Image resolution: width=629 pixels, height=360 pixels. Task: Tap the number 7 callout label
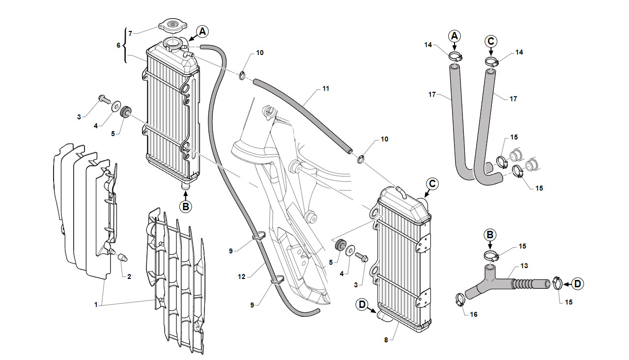[130, 34]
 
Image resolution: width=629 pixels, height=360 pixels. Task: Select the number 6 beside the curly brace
[118, 45]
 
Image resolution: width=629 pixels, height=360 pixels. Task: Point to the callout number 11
[326, 89]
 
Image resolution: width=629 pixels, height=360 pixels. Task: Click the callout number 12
[241, 277]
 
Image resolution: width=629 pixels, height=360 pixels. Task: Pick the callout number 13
[524, 266]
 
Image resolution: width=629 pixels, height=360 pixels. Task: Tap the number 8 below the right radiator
[386, 340]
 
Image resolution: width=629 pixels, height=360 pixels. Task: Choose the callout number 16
[474, 314]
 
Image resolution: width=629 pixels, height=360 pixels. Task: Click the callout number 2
[129, 277]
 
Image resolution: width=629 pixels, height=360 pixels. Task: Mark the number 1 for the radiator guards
[96, 305]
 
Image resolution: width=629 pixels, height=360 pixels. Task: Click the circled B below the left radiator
[186, 207]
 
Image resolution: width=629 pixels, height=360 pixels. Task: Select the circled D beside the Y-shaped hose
[577, 284]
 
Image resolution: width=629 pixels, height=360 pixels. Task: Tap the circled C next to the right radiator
[432, 184]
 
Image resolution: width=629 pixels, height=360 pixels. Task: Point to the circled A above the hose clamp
[455, 36]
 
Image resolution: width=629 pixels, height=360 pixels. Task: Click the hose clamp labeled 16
[460, 300]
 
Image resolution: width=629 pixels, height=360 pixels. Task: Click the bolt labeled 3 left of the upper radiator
[105, 99]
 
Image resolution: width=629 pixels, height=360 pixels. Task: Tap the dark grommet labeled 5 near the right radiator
[341, 245]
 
